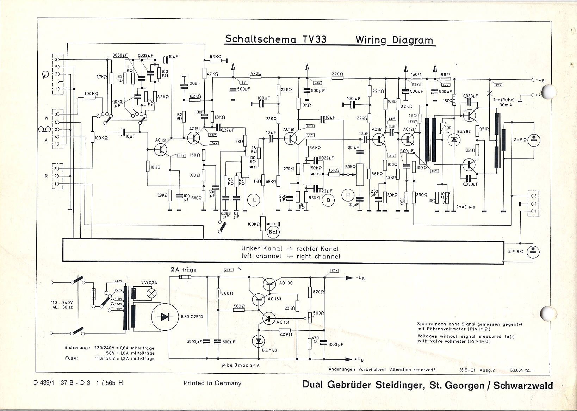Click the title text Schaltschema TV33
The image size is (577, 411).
[275, 39]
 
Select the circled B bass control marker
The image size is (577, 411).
[329, 200]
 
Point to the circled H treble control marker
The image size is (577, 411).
[348, 195]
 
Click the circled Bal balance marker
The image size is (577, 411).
[273, 232]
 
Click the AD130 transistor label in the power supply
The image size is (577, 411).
[286, 283]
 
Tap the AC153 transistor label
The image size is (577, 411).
[274, 299]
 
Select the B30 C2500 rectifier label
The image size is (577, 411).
[192, 317]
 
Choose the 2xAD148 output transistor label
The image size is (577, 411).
[465, 207]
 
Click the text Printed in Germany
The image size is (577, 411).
[212, 383]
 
